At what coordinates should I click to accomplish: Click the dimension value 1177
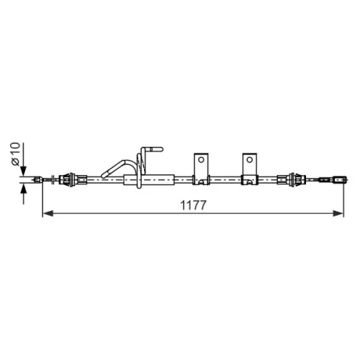pyautogui.click(x=193, y=205)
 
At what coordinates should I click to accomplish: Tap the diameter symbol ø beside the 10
pyautogui.click(x=15, y=162)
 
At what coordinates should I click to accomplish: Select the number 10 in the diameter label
pyautogui.click(x=15, y=149)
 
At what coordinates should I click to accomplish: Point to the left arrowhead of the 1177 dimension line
pyautogui.click(x=48, y=213)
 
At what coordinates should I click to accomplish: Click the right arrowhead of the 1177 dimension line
pyautogui.click(x=338, y=213)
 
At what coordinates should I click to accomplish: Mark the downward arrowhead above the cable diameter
pyautogui.click(x=23, y=171)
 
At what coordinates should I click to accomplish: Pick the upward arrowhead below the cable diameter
pyautogui.click(x=23, y=189)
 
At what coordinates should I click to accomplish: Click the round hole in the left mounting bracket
pyautogui.click(x=201, y=160)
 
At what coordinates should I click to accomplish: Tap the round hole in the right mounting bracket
pyautogui.click(x=250, y=160)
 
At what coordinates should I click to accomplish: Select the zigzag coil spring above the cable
pyautogui.click(x=142, y=163)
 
